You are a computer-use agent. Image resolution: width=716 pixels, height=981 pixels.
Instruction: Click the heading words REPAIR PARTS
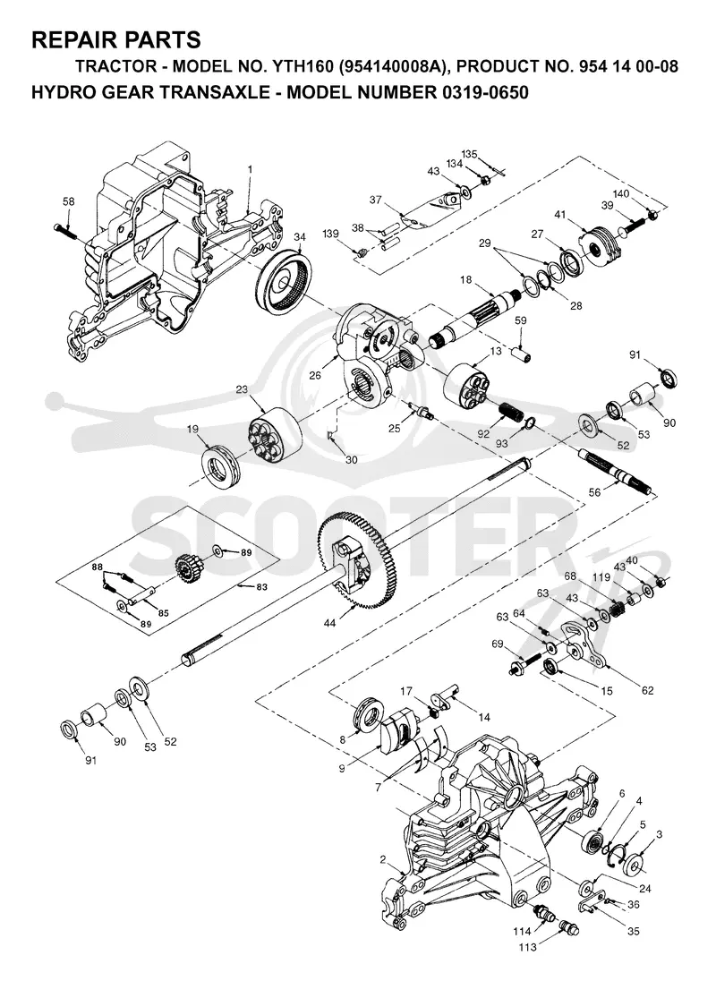[115, 39]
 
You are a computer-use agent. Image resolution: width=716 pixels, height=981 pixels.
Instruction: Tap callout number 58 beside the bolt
[69, 201]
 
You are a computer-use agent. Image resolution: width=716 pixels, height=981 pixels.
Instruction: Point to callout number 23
[242, 389]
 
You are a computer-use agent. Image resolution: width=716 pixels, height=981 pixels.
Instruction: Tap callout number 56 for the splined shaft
[594, 492]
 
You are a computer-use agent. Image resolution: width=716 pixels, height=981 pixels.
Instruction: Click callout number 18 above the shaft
[466, 280]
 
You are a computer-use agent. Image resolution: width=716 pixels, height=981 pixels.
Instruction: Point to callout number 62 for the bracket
[647, 690]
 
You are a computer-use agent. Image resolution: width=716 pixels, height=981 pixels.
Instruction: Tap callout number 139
[331, 234]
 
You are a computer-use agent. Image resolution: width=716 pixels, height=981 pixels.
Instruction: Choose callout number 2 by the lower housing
[383, 859]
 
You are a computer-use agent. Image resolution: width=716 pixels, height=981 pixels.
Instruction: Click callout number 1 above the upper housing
[250, 151]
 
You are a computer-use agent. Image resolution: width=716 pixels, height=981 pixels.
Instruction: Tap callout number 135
[470, 154]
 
